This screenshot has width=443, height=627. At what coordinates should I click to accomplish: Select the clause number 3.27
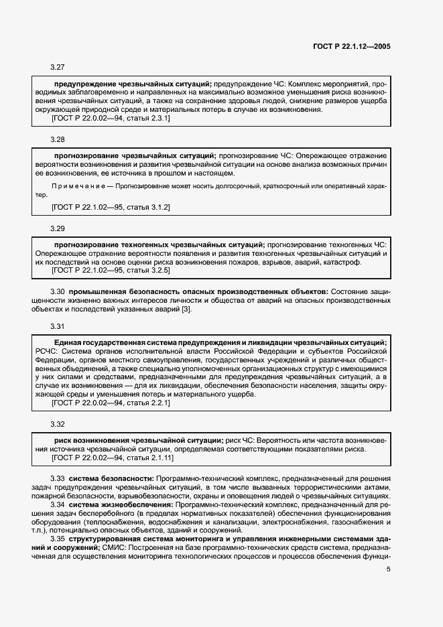[x=58, y=67]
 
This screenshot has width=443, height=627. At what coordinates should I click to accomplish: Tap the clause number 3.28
[x=58, y=139]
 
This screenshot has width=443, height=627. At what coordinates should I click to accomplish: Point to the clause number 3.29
[x=58, y=228]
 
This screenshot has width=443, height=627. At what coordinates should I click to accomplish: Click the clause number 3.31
[x=58, y=326]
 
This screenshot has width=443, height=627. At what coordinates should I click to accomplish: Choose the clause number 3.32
[x=58, y=425]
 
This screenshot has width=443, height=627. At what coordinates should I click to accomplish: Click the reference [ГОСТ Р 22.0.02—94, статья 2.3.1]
[x=111, y=119]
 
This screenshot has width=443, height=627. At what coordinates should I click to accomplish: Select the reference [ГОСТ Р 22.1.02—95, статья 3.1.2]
[x=111, y=208]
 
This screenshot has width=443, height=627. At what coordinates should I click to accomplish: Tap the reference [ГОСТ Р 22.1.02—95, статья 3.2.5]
[x=111, y=271]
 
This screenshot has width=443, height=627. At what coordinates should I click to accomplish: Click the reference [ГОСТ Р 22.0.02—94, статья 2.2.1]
[x=111, y=403]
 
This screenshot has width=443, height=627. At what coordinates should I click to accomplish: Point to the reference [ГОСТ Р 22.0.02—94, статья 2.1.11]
[x=113, y=458]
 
